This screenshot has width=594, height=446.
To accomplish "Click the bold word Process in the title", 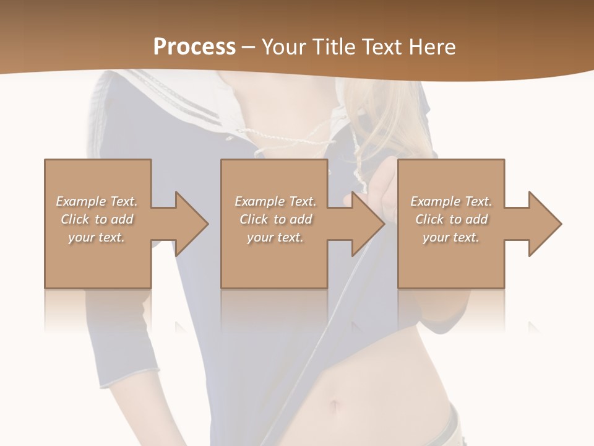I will click(x=194, y=47).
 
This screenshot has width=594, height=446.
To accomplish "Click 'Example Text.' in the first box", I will click(x=97, y=201).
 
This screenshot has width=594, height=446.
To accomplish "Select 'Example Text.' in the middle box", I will click(x=275, y=201).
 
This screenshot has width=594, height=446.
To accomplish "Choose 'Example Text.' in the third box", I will click(x=451, y=201).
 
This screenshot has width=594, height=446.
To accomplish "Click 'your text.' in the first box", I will click(x=97, y=237).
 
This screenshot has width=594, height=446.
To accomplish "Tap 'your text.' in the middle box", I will click(x=275, y=237).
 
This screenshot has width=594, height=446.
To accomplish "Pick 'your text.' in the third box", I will click(x=451, y=237).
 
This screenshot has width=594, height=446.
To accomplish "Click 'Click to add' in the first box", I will click(x=97, y=219).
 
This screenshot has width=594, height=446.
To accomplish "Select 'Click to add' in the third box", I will click(x=451, y=219).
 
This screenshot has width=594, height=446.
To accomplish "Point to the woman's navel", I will click(x=335, y=406).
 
